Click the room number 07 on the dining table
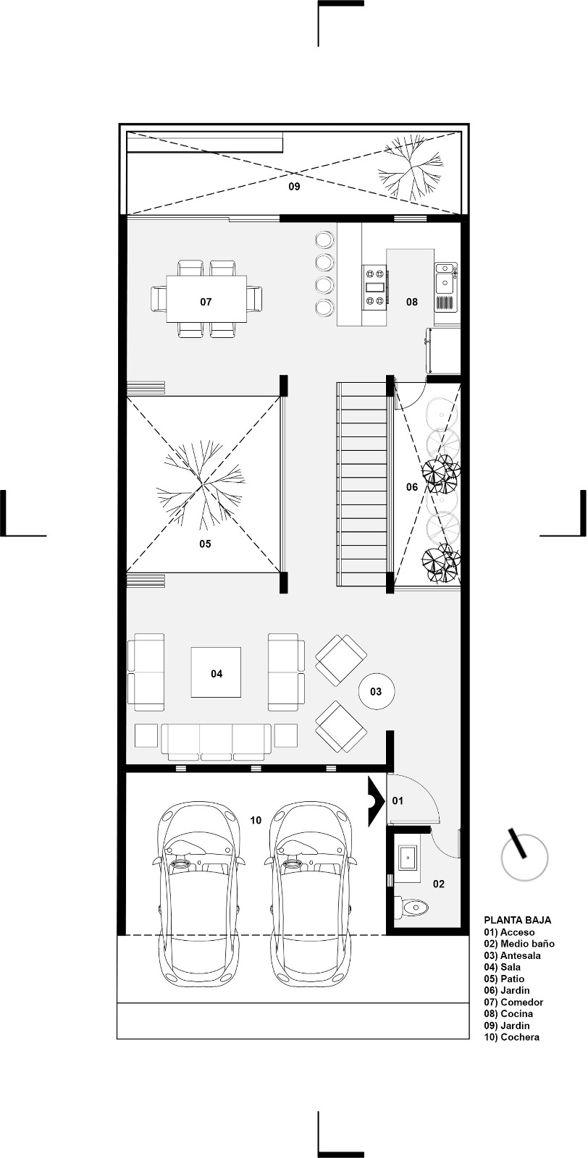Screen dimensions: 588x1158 [206, 301]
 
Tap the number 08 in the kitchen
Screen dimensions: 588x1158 [411, 301]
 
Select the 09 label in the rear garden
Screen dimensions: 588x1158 [294, 186]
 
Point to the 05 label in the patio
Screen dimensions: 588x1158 [206, 544]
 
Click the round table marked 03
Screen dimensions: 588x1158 [377, 691]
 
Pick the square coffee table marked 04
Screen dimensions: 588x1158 [217, 672]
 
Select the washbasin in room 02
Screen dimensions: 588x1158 [408, 858]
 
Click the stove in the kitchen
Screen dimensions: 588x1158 [375, 287]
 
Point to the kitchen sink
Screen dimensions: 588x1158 [445, 278]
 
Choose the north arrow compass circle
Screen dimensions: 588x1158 [524, 858]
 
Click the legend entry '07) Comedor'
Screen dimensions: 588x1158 [513, 1002]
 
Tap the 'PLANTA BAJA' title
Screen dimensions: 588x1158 [517, 920]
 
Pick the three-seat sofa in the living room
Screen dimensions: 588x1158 [217, 741]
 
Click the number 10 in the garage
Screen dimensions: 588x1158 [256, 820]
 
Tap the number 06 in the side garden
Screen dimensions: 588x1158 [411, 486]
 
